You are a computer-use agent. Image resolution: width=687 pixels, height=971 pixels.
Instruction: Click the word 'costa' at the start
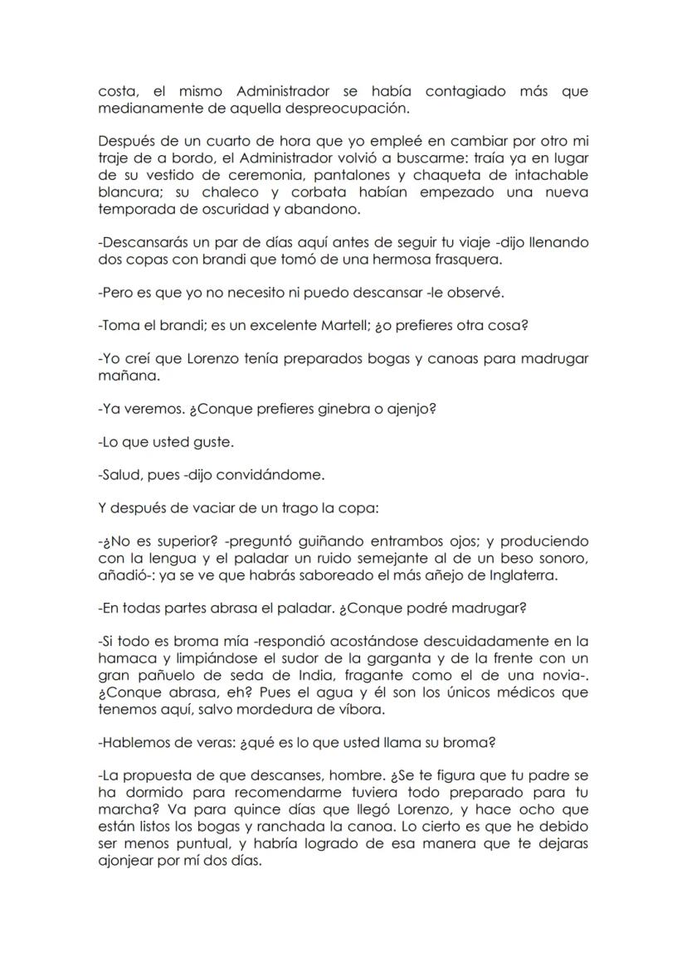(x=117, y=91)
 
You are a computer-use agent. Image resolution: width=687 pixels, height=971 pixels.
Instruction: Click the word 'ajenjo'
(x=409, y=409)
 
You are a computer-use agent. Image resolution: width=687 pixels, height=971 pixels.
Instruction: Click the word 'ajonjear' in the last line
(x=126, y=860)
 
